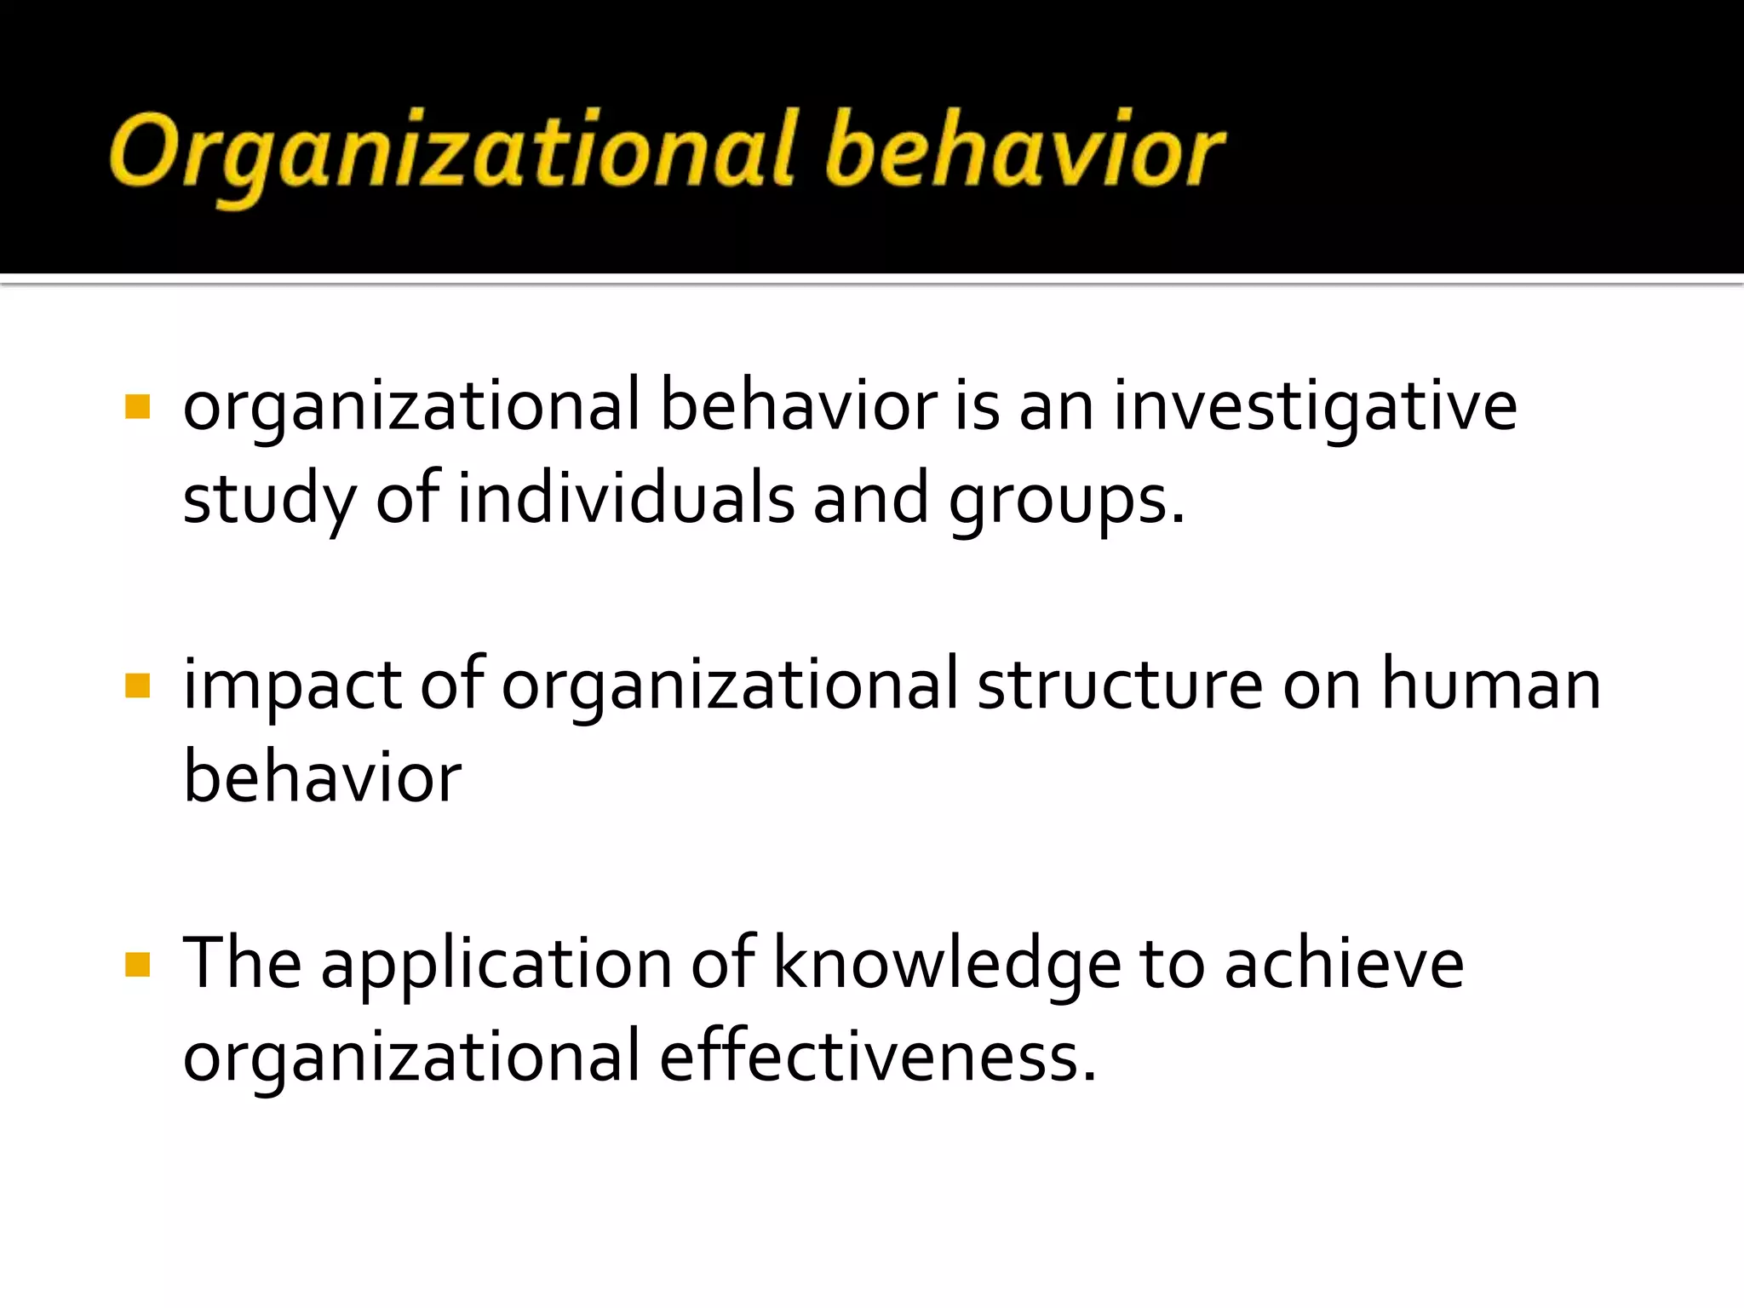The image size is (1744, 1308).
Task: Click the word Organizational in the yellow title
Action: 451,152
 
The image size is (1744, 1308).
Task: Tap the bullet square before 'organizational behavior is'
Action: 137,406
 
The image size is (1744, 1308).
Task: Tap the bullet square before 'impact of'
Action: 137,686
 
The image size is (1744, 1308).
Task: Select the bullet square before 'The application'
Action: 137,965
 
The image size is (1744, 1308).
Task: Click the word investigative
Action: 1315,407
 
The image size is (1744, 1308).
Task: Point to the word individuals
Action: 626,500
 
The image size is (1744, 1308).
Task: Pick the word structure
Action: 1120,686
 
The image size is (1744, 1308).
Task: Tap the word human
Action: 1490,686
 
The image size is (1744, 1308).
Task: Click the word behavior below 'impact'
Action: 322,777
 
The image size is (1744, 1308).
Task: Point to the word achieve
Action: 1344,965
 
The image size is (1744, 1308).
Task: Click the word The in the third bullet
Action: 242,965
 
